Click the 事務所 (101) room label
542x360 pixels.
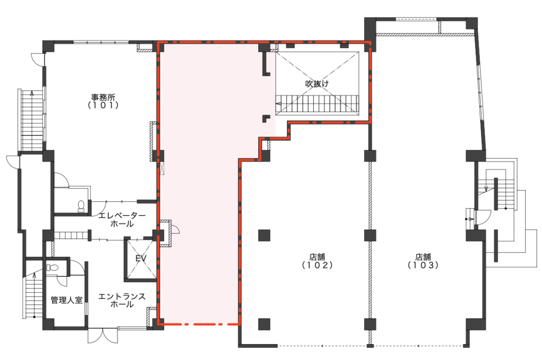(x=103, y=101)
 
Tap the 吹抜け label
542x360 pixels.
(x=317, y=84)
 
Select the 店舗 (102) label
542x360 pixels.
(x=317, y=261)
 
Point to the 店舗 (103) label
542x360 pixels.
(x=423, y=261)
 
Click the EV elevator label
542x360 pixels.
(x=141, y=258)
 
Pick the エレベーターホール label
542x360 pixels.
(x=122, y=220)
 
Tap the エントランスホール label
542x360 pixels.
(x=122, y=300)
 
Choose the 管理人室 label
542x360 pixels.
(x=67, y=300)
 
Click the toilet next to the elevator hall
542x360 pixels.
(x=81, y=206)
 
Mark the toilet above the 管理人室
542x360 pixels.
(x=53, y=268)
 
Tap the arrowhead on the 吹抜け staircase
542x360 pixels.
(x=277, y=103)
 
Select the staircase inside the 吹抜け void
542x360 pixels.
(x=318, y=103)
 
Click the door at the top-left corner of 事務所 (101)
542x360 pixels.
(x=38, y=59)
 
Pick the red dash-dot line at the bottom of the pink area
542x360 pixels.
(x=199, y=325)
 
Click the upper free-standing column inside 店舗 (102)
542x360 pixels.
(x=264, y=235)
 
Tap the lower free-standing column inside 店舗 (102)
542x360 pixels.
(x=264, y=324)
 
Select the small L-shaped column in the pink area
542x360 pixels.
(x=266, y=119)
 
